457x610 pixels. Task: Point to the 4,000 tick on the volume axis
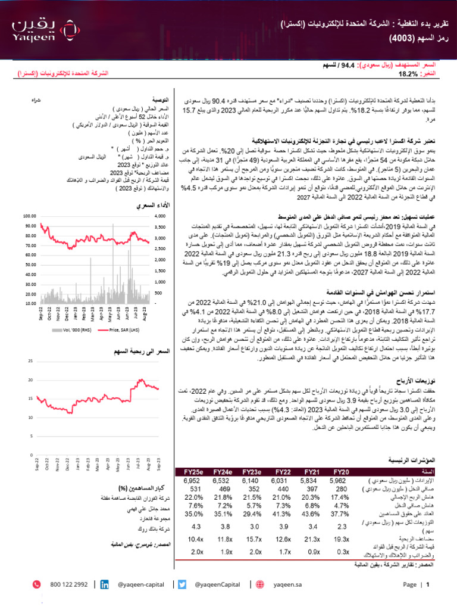(x=160, y=216)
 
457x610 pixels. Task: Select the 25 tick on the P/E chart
(x=30, y=362)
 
